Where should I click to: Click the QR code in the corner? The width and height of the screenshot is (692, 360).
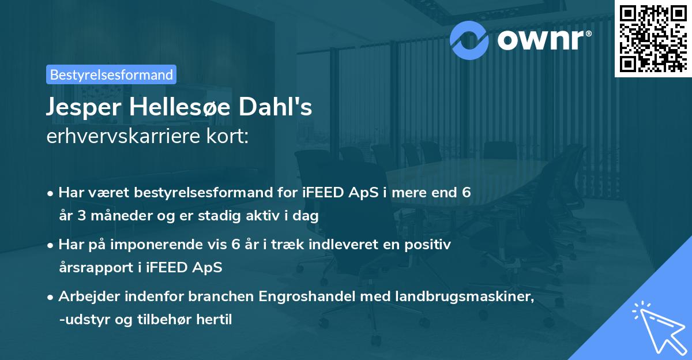[653, 38]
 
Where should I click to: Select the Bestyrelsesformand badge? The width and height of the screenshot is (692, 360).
[111, 74]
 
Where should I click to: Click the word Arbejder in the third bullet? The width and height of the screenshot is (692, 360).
[84, 297]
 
